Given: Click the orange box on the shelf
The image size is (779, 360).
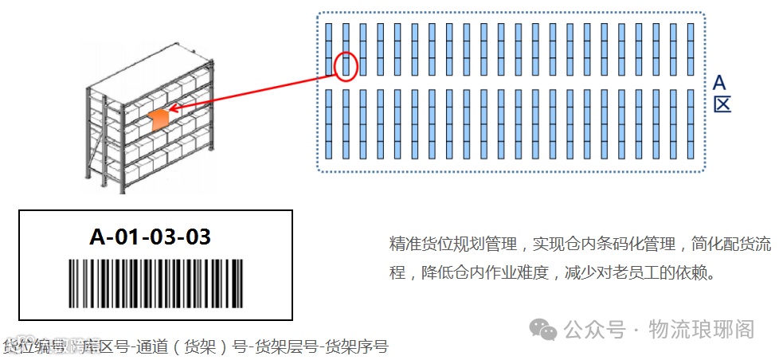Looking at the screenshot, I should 159,119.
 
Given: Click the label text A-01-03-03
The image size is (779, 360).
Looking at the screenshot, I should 151,237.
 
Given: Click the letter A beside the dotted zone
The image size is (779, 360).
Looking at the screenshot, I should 720,84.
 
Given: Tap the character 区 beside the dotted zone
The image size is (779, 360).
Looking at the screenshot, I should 721,105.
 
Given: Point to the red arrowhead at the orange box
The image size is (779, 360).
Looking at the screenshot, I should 174,108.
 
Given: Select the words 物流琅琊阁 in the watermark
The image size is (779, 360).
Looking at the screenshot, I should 701,329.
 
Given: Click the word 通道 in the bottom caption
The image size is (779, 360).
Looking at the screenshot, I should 151,347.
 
